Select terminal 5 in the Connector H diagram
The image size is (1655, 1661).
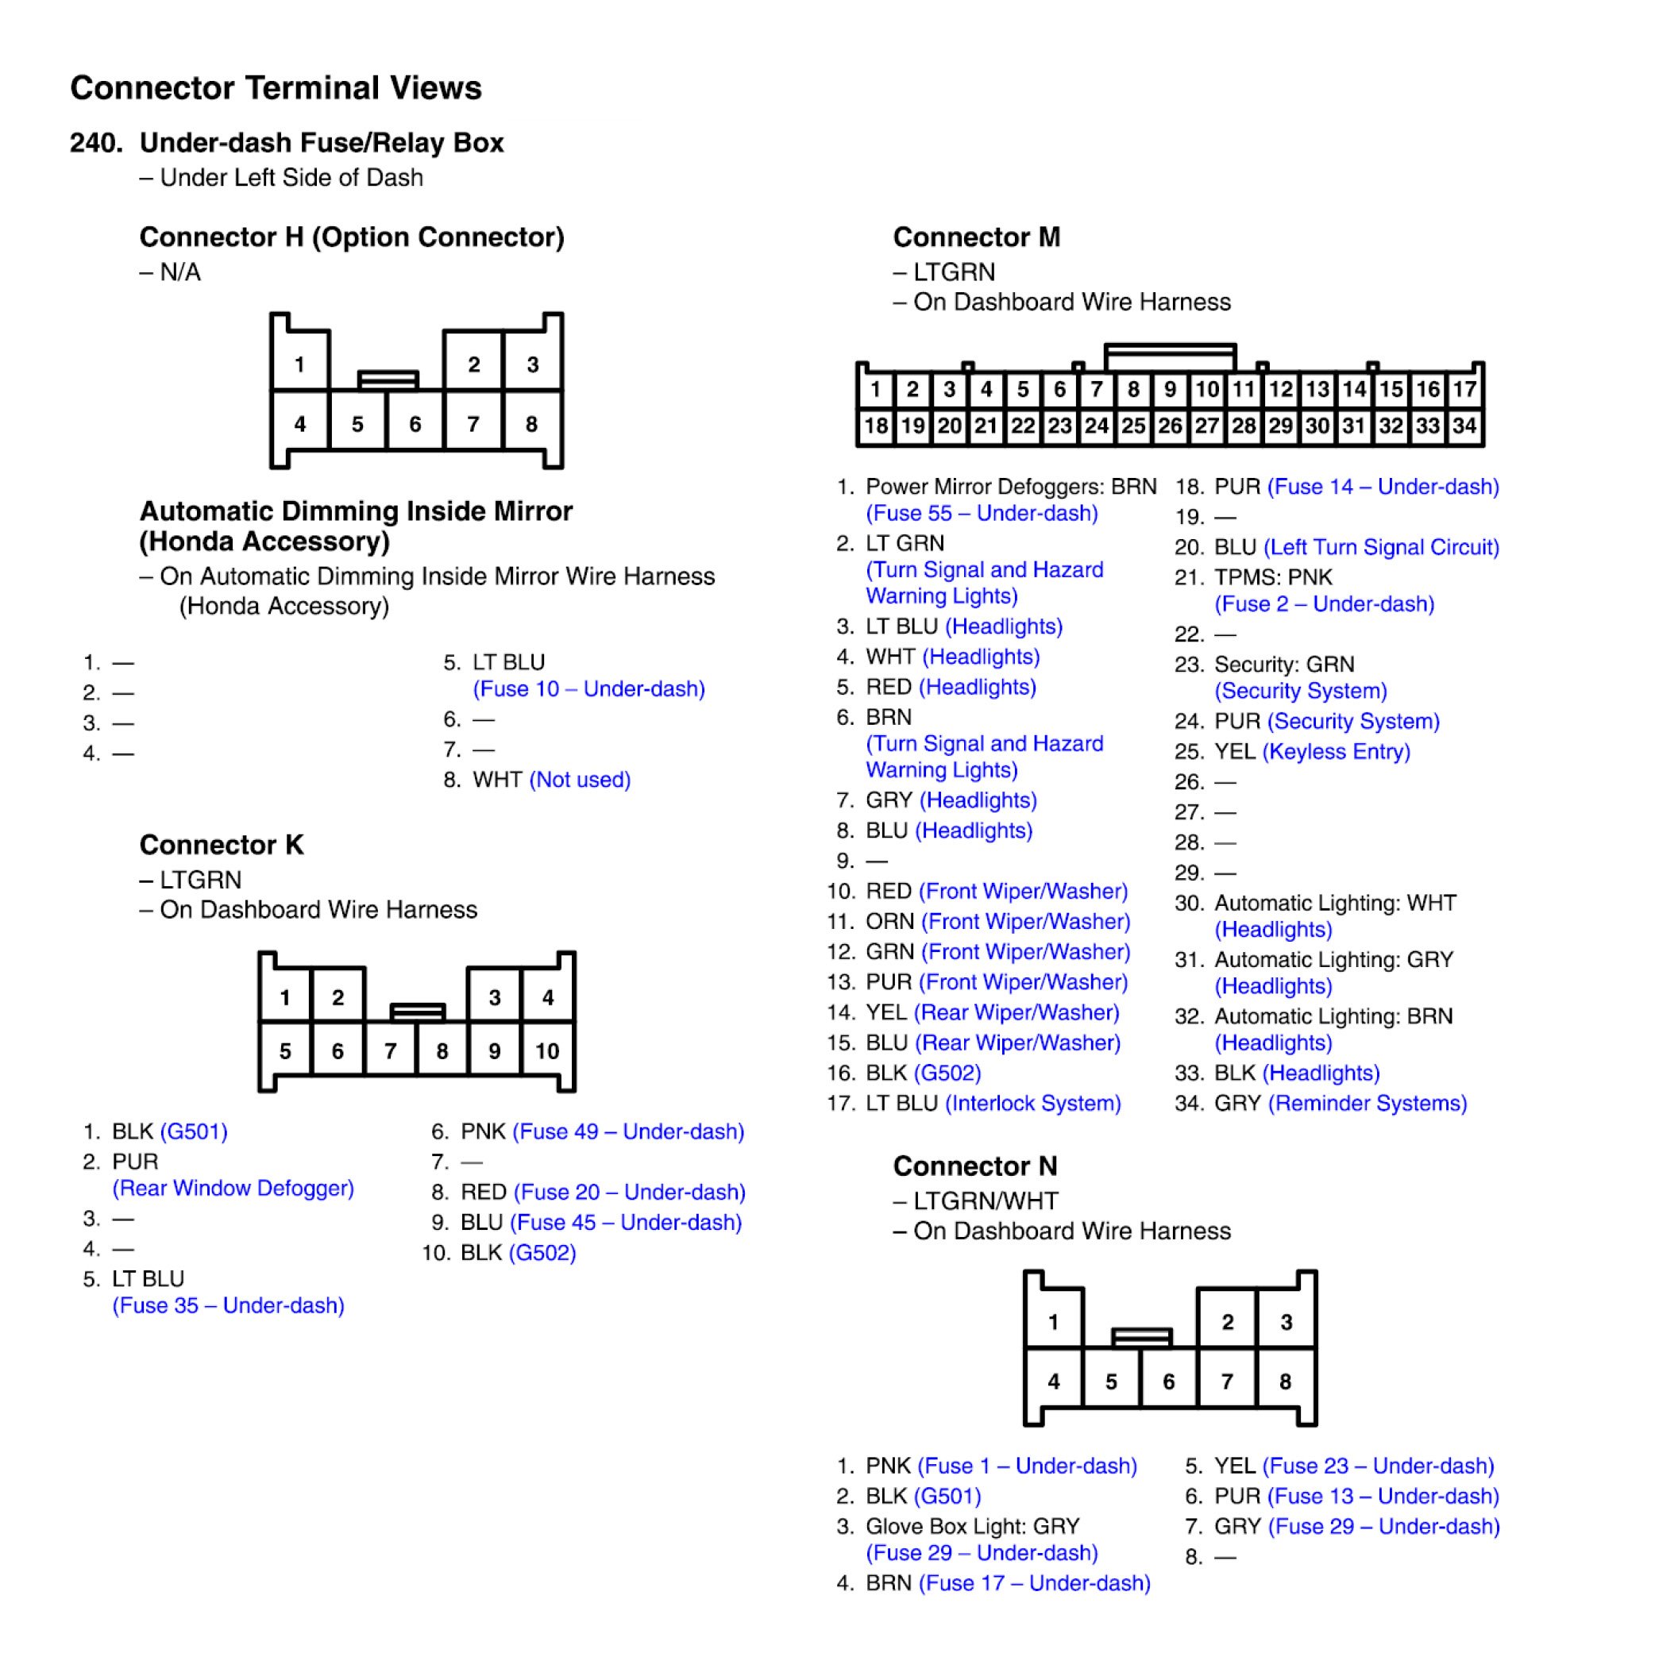[357, 424]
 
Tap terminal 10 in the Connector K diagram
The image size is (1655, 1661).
[547, 1050]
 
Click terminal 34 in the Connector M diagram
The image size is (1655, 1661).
[1464, 426]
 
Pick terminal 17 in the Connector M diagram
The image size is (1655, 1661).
[1464, 390]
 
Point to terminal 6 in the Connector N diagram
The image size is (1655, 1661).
[1168, 1382]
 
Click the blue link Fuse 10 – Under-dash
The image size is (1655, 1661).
[589, 688]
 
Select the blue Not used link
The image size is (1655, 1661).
[580, 780]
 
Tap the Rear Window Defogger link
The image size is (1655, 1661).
[233, 1188]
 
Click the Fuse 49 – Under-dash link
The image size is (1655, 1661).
[628, 1131]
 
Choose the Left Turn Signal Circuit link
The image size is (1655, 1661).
[1382, 547]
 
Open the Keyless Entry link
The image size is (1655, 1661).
[1336, 751]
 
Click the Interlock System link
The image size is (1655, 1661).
[1032, 1103]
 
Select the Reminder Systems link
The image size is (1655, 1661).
[1368, 1103]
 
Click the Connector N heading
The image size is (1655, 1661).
[975, 1166]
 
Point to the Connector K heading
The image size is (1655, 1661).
[221, 844]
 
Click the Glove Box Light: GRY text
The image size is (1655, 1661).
[971, 1526]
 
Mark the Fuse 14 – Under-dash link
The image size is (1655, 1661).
[1383, 487]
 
